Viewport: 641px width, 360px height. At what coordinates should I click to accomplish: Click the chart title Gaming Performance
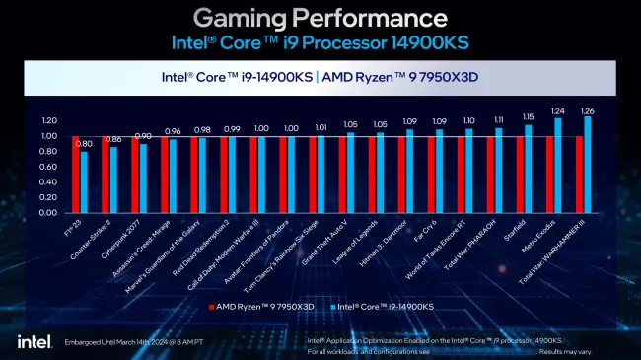point(320,18)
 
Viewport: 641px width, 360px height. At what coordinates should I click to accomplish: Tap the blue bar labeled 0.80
point(84,182)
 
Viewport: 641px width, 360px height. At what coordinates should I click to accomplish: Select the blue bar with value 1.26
point(588,166)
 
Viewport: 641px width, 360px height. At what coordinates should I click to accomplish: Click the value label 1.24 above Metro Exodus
point(558,111)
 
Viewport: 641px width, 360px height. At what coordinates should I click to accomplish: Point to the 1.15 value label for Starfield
point(528,117)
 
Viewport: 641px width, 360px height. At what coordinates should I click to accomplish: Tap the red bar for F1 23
point(75,175)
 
